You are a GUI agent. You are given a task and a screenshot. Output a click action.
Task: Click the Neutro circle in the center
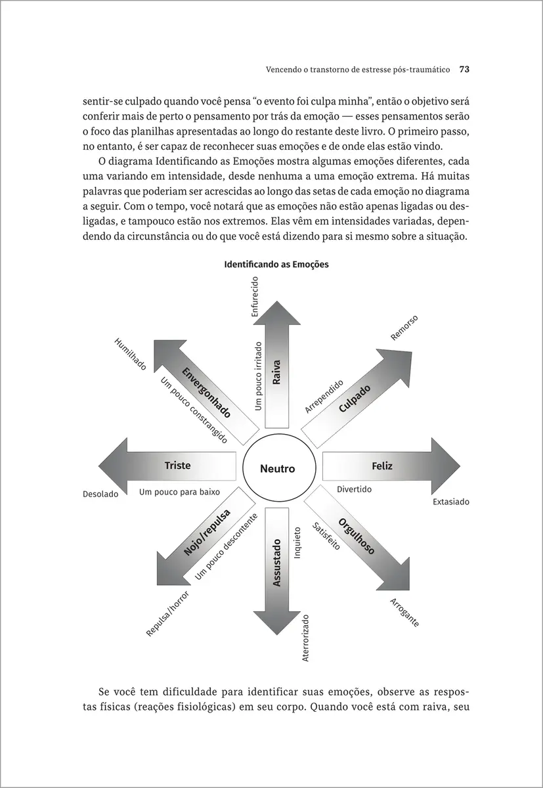pyautogui.click(x=277, y=469)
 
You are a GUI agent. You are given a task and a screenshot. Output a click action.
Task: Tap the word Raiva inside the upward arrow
pyautogui.click(x=276, y=372)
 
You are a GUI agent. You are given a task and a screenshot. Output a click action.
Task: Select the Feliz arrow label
pyautogui.click(x=381, y=466)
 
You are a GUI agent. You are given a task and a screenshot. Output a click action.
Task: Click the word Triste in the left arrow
pyautogui.click(x=177, y=466)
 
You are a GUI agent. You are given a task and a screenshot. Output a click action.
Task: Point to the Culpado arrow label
pyautogui.click(x=355, y=398)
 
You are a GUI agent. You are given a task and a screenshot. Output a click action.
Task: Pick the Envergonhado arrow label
pyautogui.click(x=206, y=393)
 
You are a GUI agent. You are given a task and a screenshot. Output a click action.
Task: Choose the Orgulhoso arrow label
pyautogui.click(x=357, y=536)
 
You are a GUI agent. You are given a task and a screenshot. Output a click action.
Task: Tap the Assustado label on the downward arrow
pyautogui.click(x=276, y=563)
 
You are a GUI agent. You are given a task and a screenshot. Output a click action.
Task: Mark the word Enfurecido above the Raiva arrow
pyautogui.click(x=255, y=297)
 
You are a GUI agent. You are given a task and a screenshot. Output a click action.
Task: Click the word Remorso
pyautogui.click(x=404, y=328)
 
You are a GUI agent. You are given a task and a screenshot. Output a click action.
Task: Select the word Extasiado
pyautogui.click(x=451, y=502)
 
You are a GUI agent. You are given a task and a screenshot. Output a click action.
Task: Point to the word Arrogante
pyautogui.click(x=404, y=613)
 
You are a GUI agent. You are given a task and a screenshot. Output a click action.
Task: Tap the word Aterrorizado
pyautogui.click(x=305, y=638)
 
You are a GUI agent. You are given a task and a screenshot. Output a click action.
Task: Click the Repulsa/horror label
pyautogui.click(x=167, y=614)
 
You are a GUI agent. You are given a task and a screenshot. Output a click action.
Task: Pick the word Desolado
pyautogui.click(x=100, y=494)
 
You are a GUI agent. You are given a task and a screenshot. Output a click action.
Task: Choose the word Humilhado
pyautogui.click(x=131, y=354)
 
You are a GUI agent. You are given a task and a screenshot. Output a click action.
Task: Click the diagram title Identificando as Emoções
pyautogui.click(x=276, y=265)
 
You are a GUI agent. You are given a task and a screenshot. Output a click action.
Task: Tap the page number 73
pyautogui.click(x=464, y=68)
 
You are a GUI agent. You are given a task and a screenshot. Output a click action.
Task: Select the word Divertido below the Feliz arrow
pyautogui.click(x=354, y=489)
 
